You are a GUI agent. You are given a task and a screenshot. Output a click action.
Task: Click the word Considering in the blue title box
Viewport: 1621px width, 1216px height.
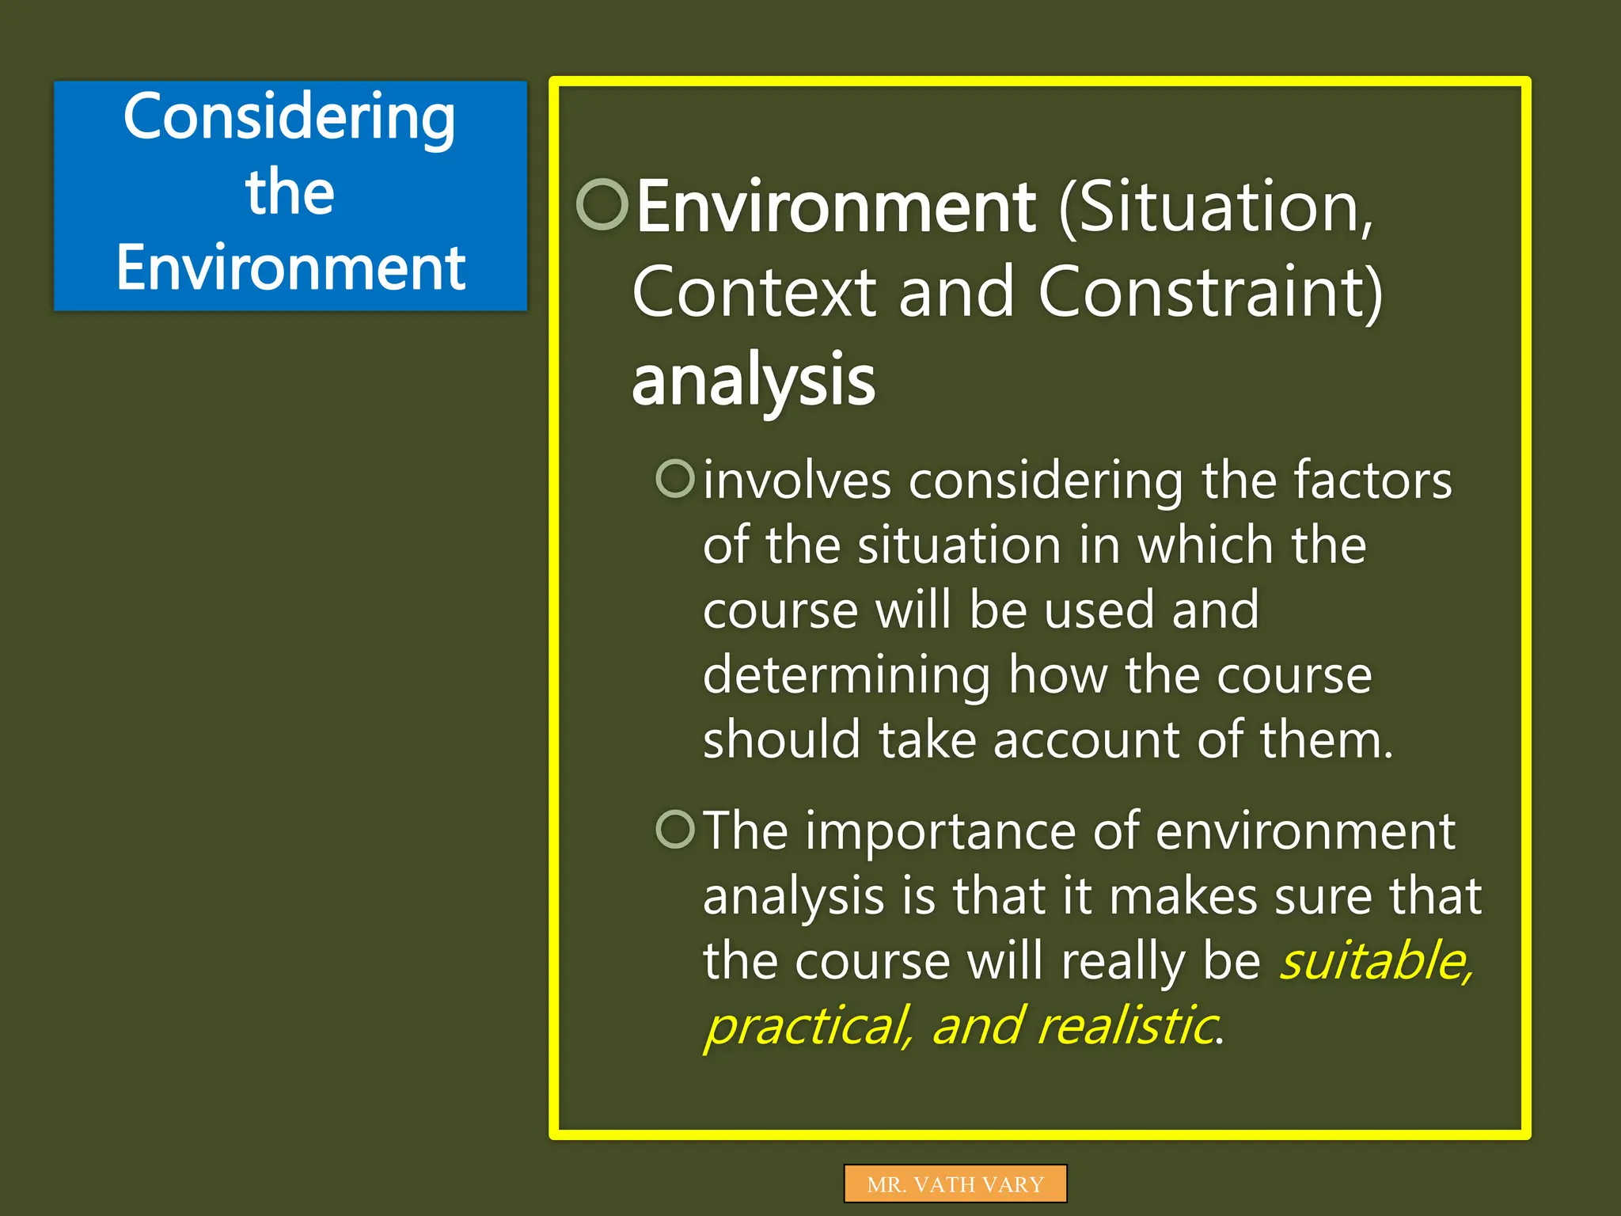(x=290, y=117)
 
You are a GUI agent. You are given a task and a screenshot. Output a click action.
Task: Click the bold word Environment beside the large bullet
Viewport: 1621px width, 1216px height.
(x=835, y=207)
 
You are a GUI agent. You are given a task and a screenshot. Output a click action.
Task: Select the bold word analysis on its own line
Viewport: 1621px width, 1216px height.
(x=753, y=380)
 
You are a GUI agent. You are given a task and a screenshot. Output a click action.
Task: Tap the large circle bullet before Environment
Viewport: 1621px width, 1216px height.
(x=602, y=204)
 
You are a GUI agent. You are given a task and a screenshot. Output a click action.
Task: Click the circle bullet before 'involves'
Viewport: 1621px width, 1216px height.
(x=675, y=478)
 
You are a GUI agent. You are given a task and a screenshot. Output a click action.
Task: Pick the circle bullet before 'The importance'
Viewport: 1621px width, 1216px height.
(x=675, y=829)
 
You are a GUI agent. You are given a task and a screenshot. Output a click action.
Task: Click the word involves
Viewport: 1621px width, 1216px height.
(x=796, y=481)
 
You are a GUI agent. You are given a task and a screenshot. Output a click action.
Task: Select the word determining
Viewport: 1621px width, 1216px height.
(x=845, y=676)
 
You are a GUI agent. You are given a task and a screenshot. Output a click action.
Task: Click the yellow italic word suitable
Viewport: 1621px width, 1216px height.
(x=1376, y=961)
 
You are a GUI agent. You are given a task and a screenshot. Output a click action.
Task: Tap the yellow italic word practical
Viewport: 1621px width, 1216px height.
(x=807, y=1027)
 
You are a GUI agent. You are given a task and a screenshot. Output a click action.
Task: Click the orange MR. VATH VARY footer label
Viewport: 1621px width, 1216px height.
(x=955, y=1184)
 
